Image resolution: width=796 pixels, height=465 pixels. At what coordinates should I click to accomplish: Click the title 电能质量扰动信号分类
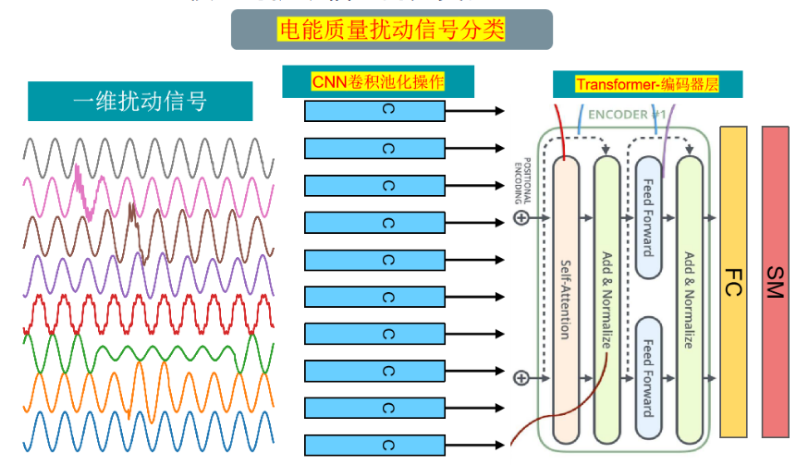click(391, 30)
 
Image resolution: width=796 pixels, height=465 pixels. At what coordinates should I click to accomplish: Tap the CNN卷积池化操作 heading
click(378, 82)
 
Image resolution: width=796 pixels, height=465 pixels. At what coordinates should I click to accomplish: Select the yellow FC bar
click(732, 281)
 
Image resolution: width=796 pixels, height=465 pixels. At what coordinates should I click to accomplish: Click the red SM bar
click(776, 281)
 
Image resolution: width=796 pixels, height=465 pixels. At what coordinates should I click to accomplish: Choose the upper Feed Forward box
click(648, 217)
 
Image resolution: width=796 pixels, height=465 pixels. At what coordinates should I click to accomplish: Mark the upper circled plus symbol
click(520, 218)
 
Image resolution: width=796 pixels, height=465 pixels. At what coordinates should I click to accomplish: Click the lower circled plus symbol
click(520, 377)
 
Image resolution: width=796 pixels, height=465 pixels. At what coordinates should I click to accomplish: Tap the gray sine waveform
click(148, 153)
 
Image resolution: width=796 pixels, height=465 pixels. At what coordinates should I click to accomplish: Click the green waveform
click(148, 354)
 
